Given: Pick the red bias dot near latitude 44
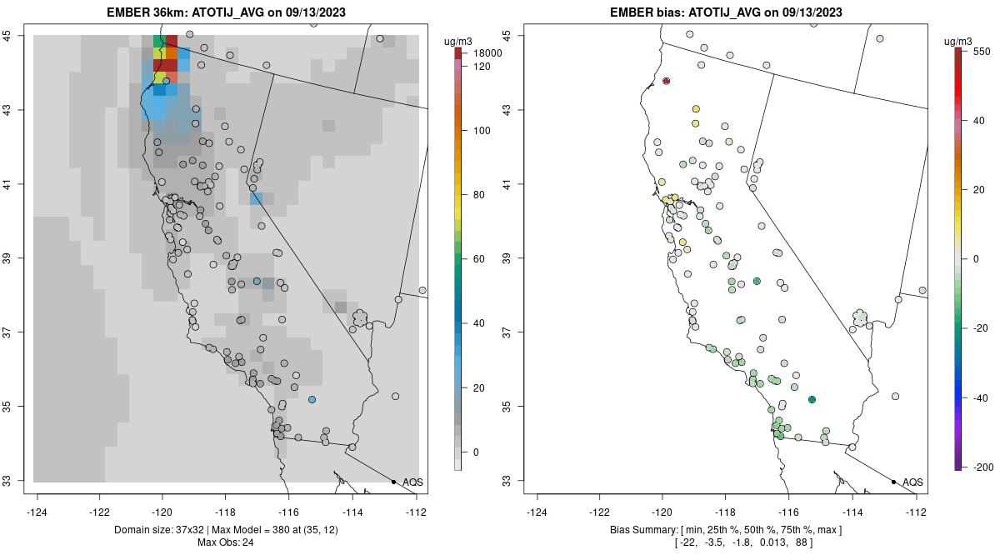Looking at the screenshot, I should pos(667,81).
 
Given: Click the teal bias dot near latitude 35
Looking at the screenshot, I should pos(812,400).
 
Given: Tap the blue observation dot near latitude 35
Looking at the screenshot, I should pos(312,400).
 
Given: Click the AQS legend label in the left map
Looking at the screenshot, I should pos(412,482).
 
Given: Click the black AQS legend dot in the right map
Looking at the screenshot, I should pos(893,482).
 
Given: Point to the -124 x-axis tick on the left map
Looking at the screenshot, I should pos(37,512).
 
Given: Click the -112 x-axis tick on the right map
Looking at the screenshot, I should pos(916,512).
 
